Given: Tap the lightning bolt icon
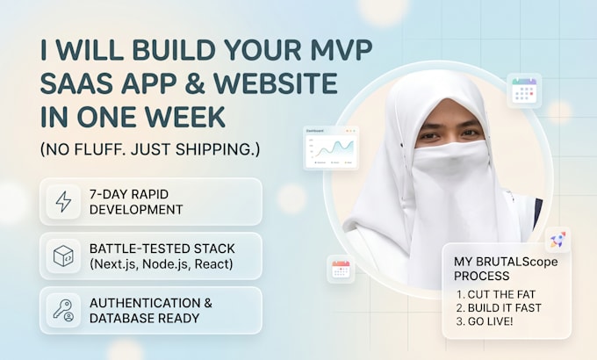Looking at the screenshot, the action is click(63, 202).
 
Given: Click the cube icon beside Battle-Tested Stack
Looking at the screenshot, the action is click(63, 256).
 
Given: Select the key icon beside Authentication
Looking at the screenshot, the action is click(63, 311).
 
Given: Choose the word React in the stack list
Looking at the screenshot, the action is click(212, 264).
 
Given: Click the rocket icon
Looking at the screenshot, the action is click(557, 240).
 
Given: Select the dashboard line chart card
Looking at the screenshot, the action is click(331, 148).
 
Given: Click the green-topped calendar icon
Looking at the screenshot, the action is click(524, 90).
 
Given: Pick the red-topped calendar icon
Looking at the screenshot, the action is click(341, 269).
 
